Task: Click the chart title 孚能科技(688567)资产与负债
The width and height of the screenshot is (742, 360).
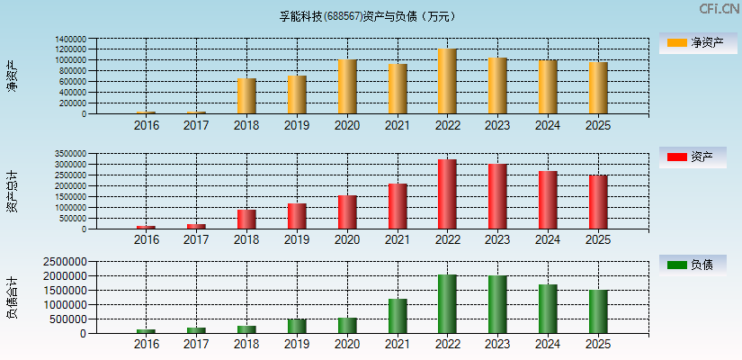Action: coord(368,15)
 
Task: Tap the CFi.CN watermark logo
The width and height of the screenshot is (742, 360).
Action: coord(718,9)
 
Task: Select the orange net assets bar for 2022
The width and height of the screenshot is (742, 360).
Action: coord(447,81)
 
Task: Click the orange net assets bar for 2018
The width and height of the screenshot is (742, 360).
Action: coord(246,96)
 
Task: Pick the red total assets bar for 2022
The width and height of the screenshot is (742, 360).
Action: coord(447,194)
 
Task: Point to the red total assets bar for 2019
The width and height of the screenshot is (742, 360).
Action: coord(297,216)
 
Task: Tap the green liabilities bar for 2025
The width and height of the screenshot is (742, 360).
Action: coord(598,311)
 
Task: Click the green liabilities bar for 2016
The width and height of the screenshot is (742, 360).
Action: coord(146,331)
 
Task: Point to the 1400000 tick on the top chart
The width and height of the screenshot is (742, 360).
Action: coord(70,40)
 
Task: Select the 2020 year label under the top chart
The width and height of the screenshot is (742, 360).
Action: coord(347,125)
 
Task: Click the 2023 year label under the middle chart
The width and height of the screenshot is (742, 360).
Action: coord(497,240)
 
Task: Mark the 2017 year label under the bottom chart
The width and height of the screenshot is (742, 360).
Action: coord(196,345)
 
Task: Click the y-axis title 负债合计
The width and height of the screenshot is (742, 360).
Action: coord(12,298)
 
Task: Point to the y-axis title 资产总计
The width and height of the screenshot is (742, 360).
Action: coord(12,191)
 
